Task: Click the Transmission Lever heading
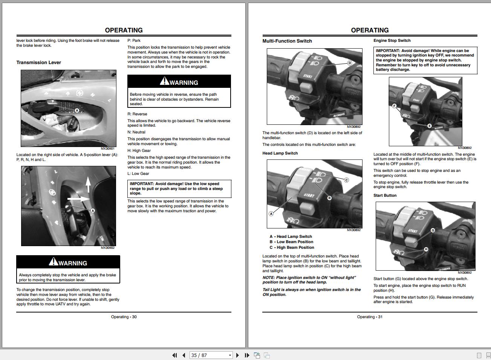click(38, 63)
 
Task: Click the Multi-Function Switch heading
click(287, 41)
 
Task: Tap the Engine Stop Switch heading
click(392, 41)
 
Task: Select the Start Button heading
click(385, 196)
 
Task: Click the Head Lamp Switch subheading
click(280, 153)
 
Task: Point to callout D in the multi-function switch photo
click(349, 63)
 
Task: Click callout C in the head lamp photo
click(346, 180)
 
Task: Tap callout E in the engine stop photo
click(429, 126)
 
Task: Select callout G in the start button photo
click(433, 230)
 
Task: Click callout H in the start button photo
click(426, 249)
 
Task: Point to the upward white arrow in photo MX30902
click(88, 184)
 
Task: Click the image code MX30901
click(108, 149)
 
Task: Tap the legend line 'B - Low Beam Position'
click(291, 242)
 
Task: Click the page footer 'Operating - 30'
click(124, 317)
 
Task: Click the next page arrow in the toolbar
click(237, 355)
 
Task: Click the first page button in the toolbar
click(174, 355)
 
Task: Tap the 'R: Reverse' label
click(137, 114)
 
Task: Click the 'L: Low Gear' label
click(138, 174)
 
